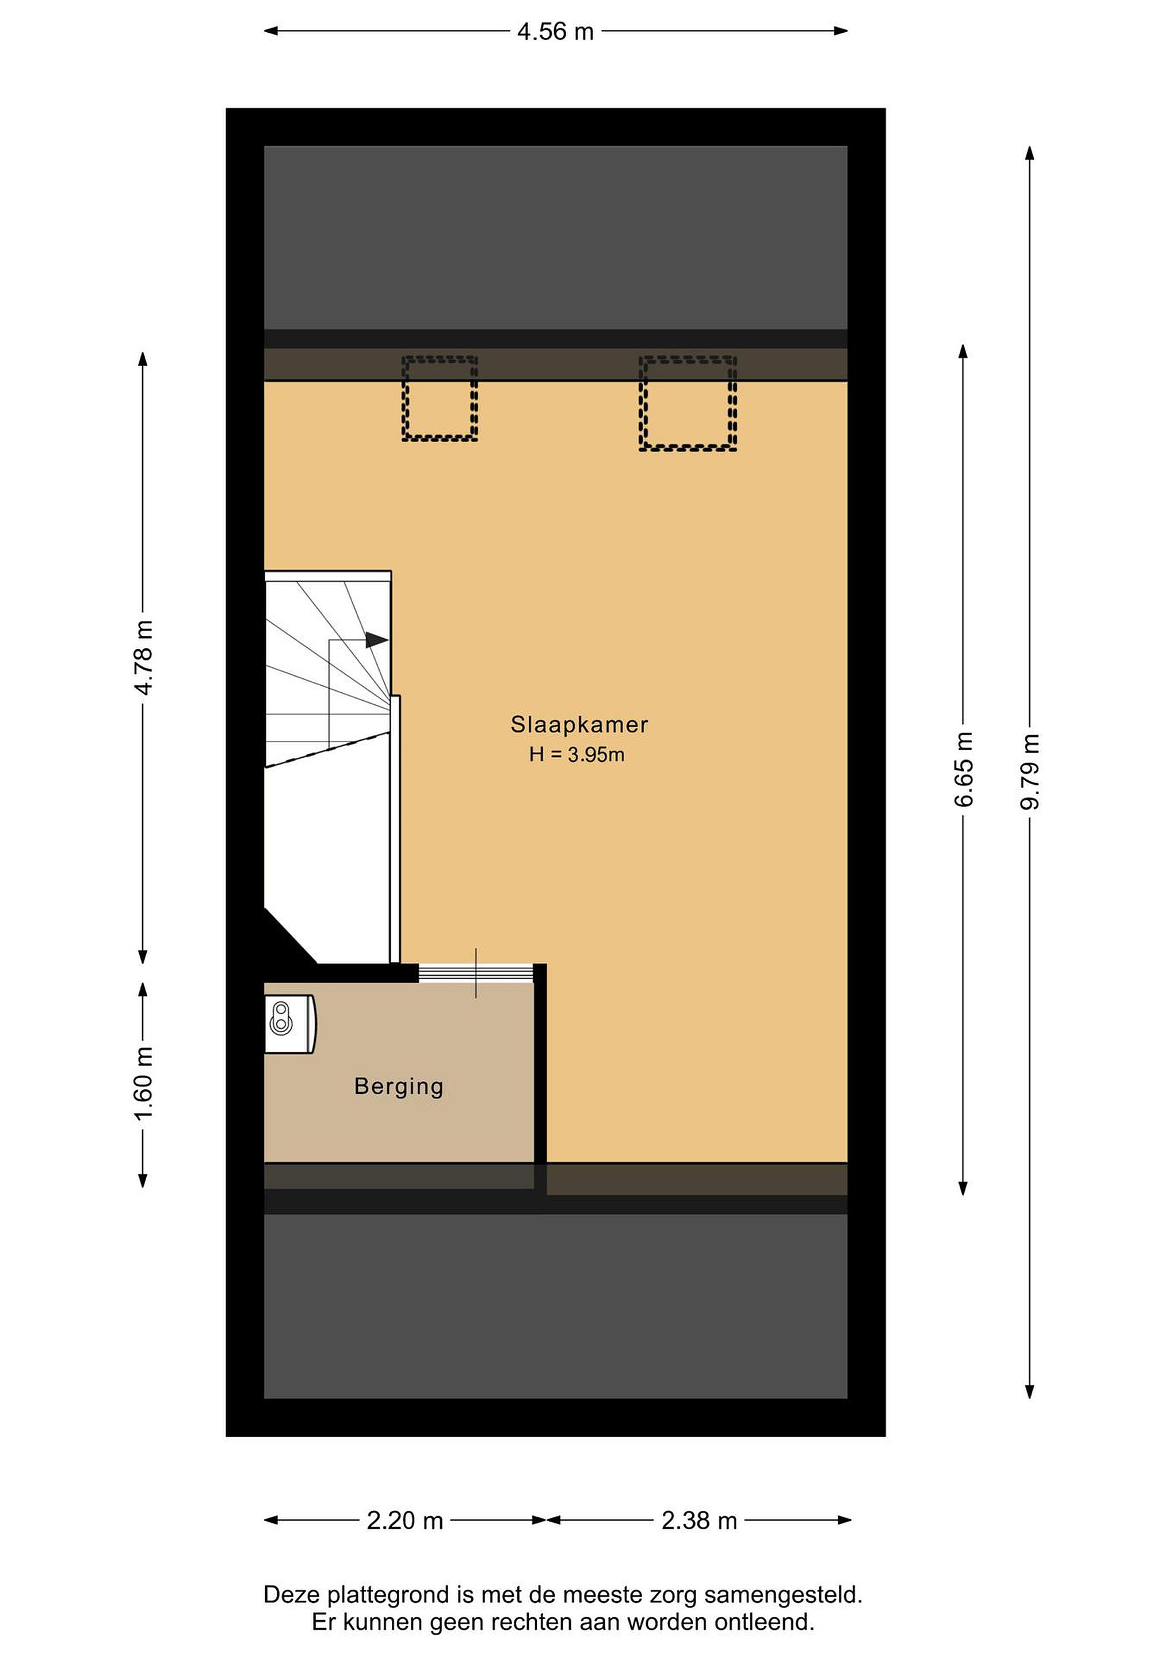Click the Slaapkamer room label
click(x=579, y=724)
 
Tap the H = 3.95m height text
click(x=577, y=755)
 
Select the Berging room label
click(x=398, y=1087)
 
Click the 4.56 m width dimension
click(x=555, y=32)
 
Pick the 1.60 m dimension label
click(x=144, y=1083)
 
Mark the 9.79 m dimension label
click(x=1030, y=772)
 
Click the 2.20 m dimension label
click(x=405, y=1521)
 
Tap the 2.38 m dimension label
click(x=699, y=1521)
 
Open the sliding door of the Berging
click(x=476, y=973)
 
